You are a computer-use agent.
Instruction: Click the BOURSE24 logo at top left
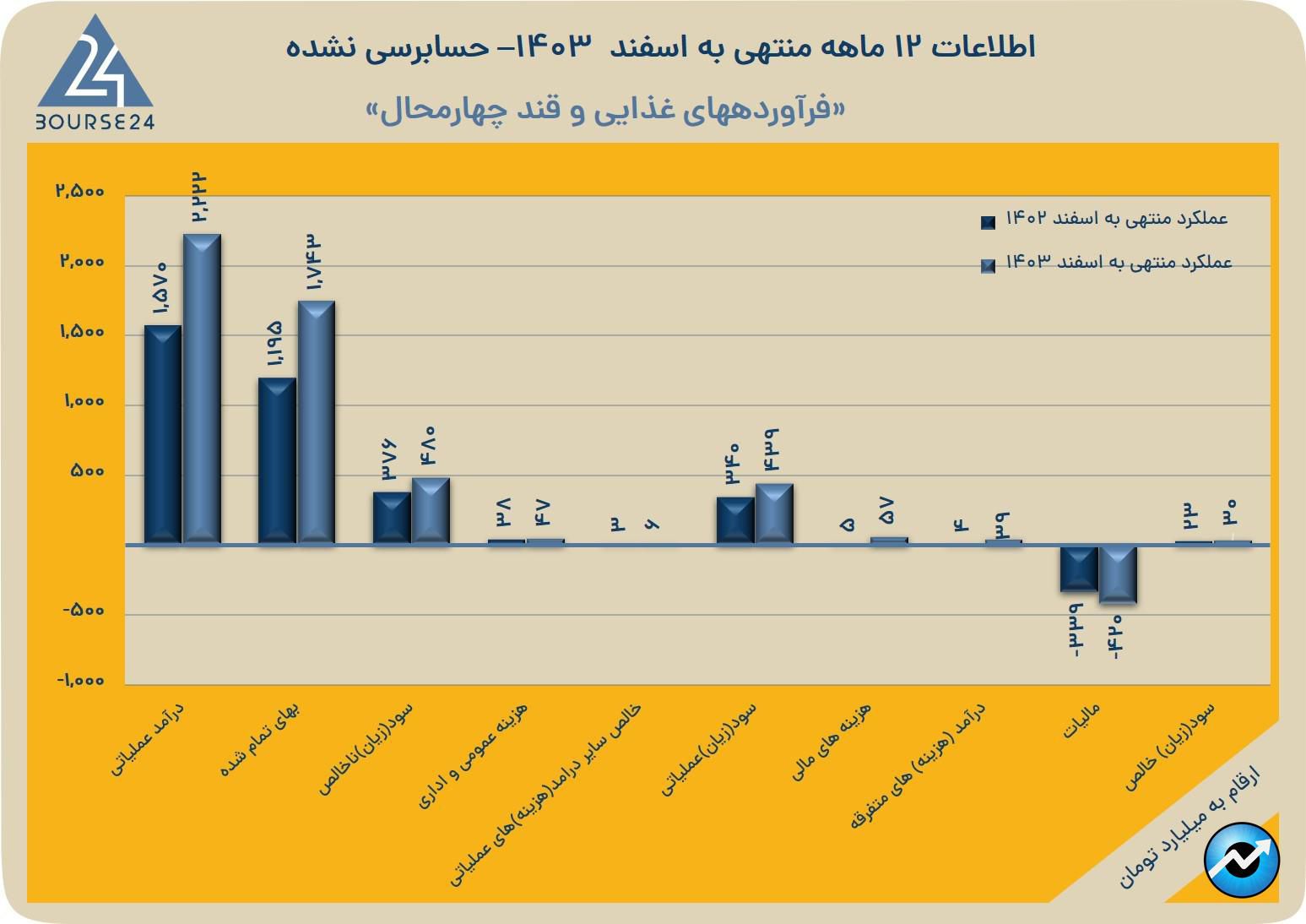point(95,74)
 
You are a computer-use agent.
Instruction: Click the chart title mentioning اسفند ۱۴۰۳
point(660,47)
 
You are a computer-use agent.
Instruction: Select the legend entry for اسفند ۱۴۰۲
point(1106,220)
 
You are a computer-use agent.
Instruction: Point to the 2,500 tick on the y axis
point(79,192)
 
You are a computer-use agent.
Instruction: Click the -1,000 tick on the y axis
point(81,681)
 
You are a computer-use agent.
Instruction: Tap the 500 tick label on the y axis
point(88,472)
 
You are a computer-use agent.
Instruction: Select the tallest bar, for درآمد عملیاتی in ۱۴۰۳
point(202,389)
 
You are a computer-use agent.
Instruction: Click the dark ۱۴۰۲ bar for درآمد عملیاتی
point(163,434)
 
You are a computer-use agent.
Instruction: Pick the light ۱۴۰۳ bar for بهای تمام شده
point(316,421)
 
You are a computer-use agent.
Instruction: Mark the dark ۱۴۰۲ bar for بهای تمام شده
point(277,460)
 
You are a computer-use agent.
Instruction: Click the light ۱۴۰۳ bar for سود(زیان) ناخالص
point(431,510)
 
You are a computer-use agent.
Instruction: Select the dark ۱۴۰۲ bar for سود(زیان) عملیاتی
point(735,520)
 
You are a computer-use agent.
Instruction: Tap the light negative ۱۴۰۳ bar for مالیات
point(1118,575)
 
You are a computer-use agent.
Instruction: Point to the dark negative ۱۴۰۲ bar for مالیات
point(1079,568)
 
